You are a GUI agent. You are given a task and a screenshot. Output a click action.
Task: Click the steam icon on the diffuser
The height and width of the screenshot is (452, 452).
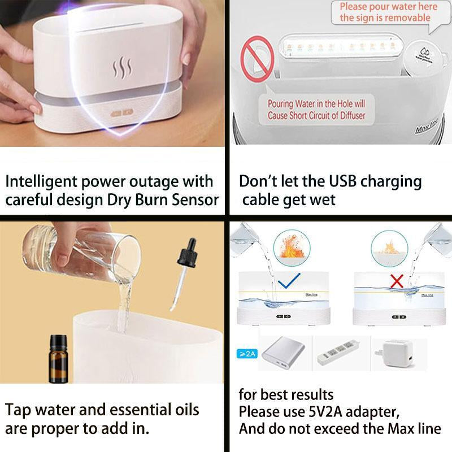[x=122, y=68]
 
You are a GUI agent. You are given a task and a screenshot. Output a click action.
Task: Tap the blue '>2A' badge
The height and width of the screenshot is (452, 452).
[x=245, y=354]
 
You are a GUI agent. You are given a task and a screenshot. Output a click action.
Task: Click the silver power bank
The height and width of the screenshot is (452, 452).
[x=281, y=354]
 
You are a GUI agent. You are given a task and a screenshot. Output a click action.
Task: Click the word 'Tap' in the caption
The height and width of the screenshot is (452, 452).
[x=20, y=409]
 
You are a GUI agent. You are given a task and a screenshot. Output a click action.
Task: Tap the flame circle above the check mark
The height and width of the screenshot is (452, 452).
[x=289, y=248]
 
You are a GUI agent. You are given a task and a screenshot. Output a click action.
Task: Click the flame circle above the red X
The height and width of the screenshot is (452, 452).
[x=389, y=248]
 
